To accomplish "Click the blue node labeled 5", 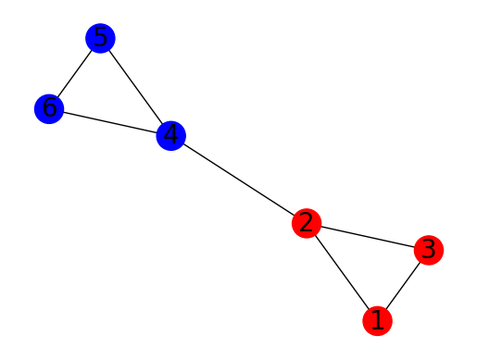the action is click(100, 38).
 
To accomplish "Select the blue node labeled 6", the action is click(49, 109).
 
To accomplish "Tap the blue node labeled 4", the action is click(171, 136).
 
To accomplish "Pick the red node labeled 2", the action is click(307, 223).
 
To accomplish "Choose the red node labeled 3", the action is click(429, 250).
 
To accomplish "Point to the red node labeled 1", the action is click(377, 321).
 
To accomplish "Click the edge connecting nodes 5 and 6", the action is click(75, 73).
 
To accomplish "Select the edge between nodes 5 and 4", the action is click(135, 87).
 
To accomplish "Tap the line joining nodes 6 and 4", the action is click(110, 122).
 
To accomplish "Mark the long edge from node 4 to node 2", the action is click(239, 180).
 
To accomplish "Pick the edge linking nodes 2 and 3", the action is click(368, 237).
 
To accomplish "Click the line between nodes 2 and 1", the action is click(342, 272).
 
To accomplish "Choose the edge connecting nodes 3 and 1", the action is click(403, 286).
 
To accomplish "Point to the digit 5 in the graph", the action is click(100, 37).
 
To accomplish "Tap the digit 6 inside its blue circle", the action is click(49, 107).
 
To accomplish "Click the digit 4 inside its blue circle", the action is click(170, 134).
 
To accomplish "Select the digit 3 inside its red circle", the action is click(429, 249).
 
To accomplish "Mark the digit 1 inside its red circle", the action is click(377, 320).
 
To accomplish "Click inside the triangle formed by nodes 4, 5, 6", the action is click(107, 94).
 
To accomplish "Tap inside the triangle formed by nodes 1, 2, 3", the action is click(370, 265).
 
